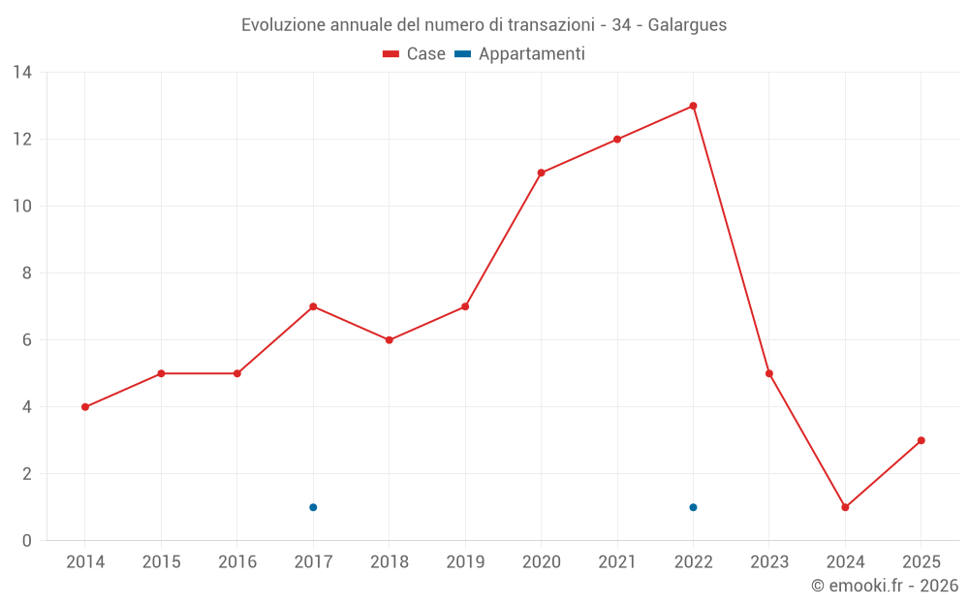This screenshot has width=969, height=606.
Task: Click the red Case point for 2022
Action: point(693,106)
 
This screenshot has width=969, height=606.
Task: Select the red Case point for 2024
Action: point(845,507)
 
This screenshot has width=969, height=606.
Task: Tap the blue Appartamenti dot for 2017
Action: point(313,507)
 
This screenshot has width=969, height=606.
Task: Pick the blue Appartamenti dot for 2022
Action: point(693,507)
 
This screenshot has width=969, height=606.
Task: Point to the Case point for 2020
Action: point(541,173)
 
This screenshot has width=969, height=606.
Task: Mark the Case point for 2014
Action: point(85,407)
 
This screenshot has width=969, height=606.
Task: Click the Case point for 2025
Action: point(921,440)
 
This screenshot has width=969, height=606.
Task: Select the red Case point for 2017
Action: point(313,306)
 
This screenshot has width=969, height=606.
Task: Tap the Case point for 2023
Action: point(769,373)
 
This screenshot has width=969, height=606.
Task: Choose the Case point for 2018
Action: point(389,340)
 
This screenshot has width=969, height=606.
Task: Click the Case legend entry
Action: point(415,54)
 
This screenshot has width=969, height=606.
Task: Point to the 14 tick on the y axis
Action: point(22,73)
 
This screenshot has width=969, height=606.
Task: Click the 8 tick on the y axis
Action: point(27,273)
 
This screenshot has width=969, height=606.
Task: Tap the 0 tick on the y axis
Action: point(27,541)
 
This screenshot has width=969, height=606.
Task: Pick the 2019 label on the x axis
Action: point(465,562)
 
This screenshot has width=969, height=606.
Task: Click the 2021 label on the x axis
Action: point(617,562)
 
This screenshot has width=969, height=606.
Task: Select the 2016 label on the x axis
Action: point(237,562)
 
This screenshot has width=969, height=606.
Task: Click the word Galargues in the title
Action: point(687,24)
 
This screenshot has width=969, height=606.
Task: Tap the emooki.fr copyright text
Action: point(885,586)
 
